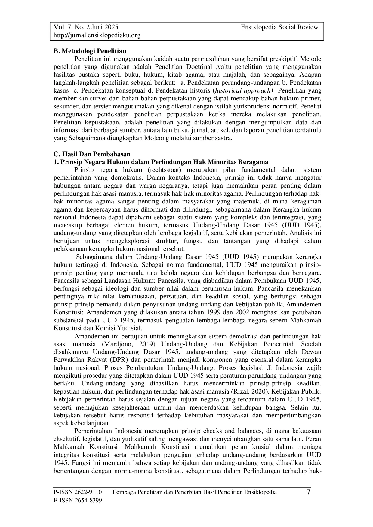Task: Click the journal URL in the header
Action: tap(97, 35)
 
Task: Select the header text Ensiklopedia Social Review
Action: tap(279, 27)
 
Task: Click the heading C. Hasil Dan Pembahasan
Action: tap(92, 154)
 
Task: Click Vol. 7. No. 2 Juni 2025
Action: tap(86, 27)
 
